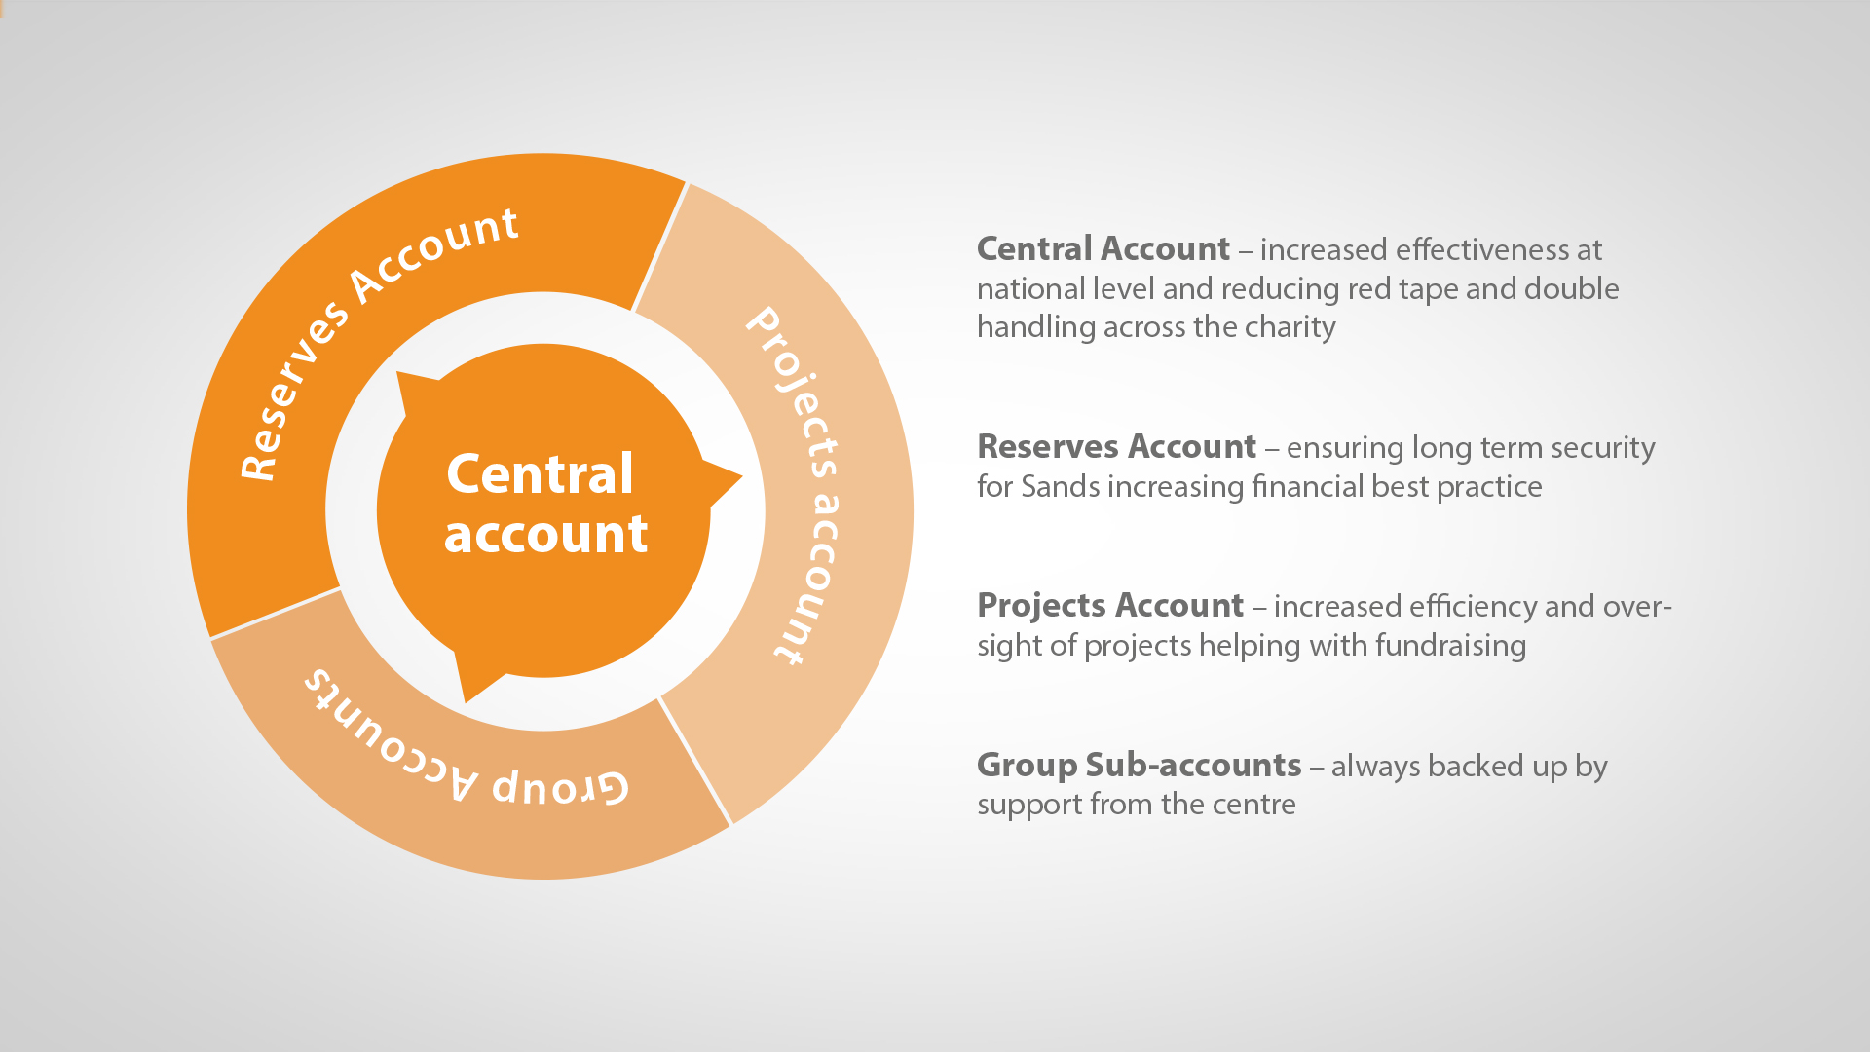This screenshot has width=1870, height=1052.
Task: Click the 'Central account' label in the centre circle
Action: pyautogui.click(x=545, y=504)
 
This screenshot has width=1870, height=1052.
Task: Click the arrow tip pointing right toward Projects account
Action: pyautogui.click(x=741, y=477)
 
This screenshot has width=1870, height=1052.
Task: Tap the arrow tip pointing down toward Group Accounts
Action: pyautogui.click(x=466, y=700)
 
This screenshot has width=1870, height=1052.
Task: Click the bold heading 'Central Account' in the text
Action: pyautogui.click(x=1103, y=249)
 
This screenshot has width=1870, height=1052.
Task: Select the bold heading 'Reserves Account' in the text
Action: pyautogui.click(x=1116, y=447)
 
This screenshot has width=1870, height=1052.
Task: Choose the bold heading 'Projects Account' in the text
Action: pyautogui.click(x=1110, y=606)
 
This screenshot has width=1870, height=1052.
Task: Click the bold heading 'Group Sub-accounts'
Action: pyautogui.click(x=1139, y=766)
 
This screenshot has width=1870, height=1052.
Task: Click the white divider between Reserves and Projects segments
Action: pyautogui.click(x=660, y=246)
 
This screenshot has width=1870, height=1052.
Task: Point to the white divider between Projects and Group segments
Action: pyautogui.click(x=694, y=761)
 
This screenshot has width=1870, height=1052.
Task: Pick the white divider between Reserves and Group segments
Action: pyautogui.click(x=276, y=614)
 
